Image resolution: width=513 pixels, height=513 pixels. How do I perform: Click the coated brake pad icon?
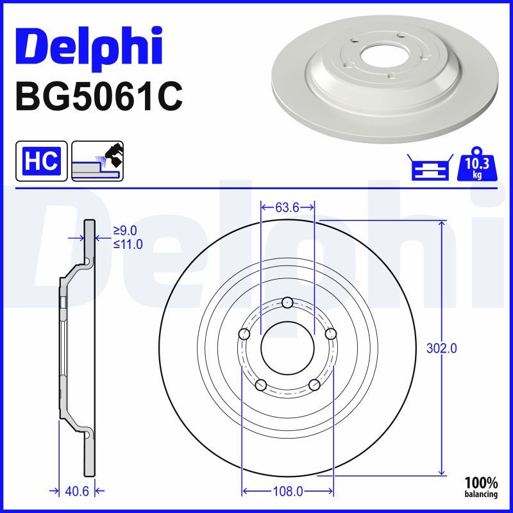pyautogui.click(x=97, y=161)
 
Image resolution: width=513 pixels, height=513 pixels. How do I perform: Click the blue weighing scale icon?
pyautogui.click(x=430, y=167)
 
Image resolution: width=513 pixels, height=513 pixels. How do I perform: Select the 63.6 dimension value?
pyautogui.click(x=287, y=207)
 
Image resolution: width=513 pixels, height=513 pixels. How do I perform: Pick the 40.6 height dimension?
pyautogui.click(x=77, y=491)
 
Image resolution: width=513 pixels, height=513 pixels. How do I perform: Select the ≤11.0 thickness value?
pyautogui.click(x=128, y=244)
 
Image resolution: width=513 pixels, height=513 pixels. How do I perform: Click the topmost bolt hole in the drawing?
pyautogui.click(x=287, y=303)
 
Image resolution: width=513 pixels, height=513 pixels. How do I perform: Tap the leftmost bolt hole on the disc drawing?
pyautogui.click(x=244, y=334)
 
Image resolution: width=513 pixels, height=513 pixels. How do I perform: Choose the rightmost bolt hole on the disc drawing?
pyautogui.click(x=331, y=334)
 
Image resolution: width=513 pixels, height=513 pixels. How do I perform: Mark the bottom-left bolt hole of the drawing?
pyautogui.click(x=260, y=385)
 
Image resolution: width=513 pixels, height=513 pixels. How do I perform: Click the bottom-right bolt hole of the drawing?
pyautogui.click(x=314, y=385)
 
